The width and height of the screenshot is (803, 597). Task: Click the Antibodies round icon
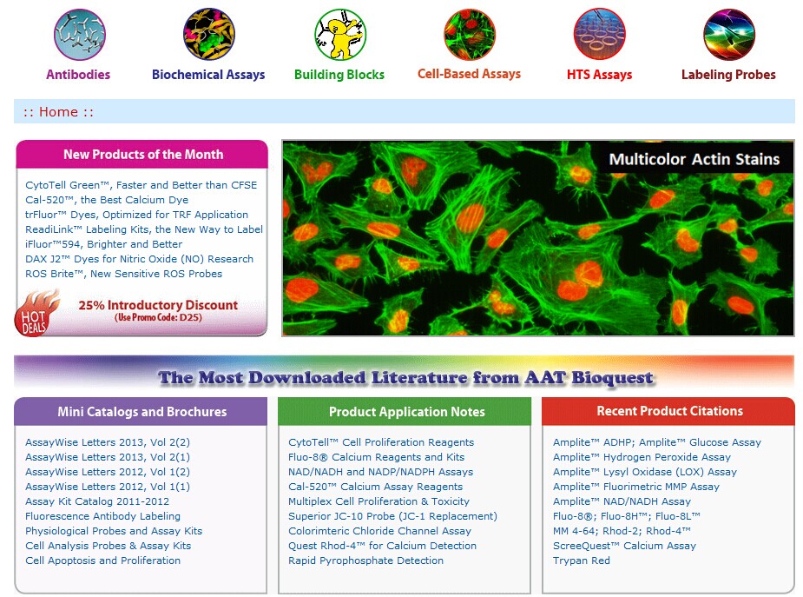click(x=79, y=35)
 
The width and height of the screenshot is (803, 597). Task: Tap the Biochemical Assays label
click(x=208, y=75)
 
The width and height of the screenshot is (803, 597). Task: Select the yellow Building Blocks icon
click(x=340, y=35)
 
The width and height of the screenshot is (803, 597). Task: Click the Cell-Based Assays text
click(x=469, y=74)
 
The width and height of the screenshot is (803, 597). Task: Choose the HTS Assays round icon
click(x=600, y=35)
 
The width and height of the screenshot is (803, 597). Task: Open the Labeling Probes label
click(x=728, y=75)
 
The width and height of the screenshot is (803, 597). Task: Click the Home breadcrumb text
click(x=58, y=112)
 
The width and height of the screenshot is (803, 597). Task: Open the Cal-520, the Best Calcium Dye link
click(x=107, y=200)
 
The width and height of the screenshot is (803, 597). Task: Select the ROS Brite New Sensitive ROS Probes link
click(x=123, y=274)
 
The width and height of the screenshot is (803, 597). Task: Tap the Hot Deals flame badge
click(x=36, y=314)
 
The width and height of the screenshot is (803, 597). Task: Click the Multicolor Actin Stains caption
click(x=694, y=159)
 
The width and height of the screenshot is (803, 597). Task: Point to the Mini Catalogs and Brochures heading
click(x=142, y=412)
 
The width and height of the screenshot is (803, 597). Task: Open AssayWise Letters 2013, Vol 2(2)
click(x=108, y=442)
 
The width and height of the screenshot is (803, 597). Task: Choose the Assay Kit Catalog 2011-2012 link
click(x=97, y=501)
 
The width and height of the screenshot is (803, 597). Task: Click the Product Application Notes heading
click(x=406, y=412)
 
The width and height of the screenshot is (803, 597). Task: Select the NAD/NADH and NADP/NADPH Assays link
click(x=380, y=472)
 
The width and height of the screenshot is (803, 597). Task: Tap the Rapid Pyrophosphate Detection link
click(x=365, y=561)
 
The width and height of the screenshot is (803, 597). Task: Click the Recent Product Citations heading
click(x=669, y=411)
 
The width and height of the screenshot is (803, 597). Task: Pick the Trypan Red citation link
click(x=582, y=561)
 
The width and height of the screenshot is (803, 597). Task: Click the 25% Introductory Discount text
click(x=158, y=305)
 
